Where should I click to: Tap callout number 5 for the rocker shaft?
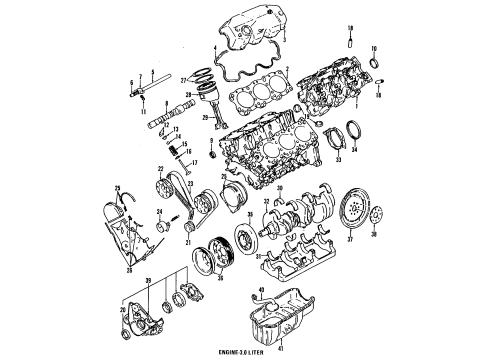tap(151, 73)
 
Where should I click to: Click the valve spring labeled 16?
tap(181, 151)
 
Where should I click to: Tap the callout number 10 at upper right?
tap(374, 49)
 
